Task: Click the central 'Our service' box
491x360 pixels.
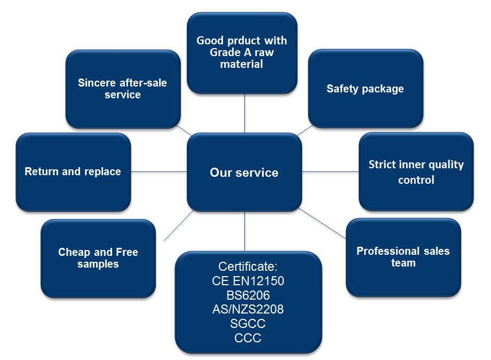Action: (x=244, y=173)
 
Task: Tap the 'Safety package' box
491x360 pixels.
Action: (x=365, y=89)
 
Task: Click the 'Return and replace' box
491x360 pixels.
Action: (x=73, y=171)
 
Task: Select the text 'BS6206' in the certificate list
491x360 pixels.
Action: (x=248, y=295)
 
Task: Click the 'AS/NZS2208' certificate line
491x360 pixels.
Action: (x=248, y=309)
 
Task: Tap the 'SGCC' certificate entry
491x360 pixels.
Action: (x=248, y=324)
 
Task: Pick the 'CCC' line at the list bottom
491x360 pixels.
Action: (x=248, y=338)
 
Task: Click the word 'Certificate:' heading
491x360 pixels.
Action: (x=248, y=267)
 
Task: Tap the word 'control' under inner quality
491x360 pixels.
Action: (x=416, y=180)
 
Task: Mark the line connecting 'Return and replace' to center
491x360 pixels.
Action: (x=159, y=171)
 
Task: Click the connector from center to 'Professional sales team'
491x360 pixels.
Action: (x=323, y=222)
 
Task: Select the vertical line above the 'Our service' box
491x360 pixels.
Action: (x=244, y=113)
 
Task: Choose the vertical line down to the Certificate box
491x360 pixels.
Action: (x=244, y=231)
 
